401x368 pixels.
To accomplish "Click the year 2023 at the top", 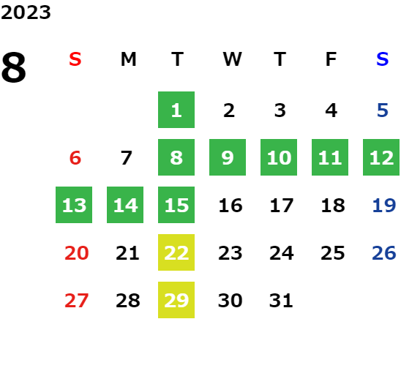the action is click(26, 12).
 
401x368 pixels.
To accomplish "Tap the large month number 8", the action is click(14, 67).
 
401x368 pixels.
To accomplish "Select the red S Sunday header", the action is click(75, 59).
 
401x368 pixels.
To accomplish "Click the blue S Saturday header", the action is click(382, 59).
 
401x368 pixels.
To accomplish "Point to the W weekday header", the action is click(232, 59).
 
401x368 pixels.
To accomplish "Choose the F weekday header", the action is click(331, 59).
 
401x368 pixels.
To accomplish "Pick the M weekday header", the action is click(128, 59).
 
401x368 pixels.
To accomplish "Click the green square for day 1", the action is click(176, 110).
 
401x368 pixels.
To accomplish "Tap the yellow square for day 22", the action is click(176, 252).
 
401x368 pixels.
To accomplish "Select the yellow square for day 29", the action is click(176, 300).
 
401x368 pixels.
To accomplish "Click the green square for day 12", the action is click(381, 157).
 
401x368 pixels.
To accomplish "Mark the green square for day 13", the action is click(74, 205).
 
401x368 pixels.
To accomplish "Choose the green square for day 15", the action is click(176, 205).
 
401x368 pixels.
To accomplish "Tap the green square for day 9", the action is click(228, 157).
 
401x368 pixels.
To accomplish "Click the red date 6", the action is click(75, 158).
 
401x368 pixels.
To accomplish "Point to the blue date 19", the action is click(384, 206).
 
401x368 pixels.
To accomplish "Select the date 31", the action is click(281, 301).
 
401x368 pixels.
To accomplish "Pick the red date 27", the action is click(76, 301).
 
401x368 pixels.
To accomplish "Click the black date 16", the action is click(231, 206).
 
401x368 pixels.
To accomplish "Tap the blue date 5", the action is click(383, 110).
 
